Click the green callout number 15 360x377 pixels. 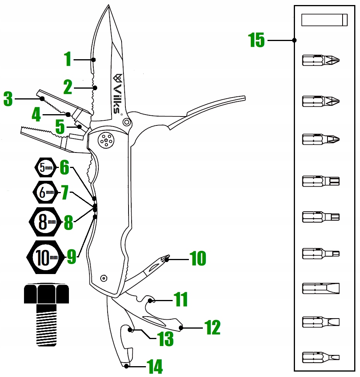point(257,40)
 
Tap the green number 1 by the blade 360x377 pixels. point(68,60)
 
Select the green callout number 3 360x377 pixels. point(8,99)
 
